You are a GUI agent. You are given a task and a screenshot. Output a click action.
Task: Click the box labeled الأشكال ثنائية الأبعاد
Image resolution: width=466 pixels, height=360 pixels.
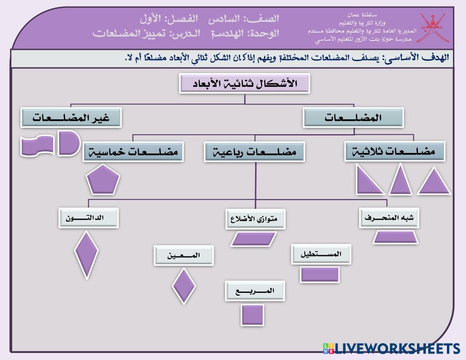[x=245, y=83]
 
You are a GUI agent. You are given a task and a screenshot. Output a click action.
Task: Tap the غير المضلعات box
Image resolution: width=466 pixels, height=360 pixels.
[x=71, y=118]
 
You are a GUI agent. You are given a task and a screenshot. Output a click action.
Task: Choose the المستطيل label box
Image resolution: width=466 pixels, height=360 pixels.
[x=321, y=255]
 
